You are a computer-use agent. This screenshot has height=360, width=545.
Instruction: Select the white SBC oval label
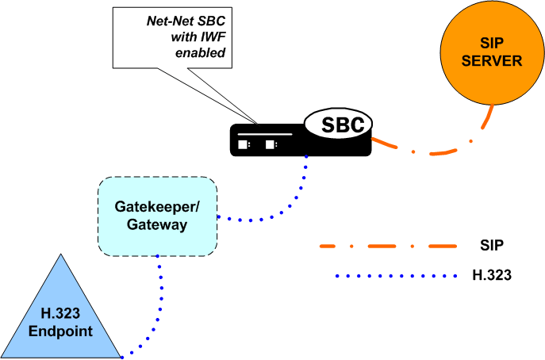(340, 124)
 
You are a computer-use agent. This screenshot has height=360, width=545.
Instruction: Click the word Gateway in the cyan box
(156, 225)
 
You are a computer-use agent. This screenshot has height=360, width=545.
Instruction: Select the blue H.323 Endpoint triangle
(60, 317)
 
